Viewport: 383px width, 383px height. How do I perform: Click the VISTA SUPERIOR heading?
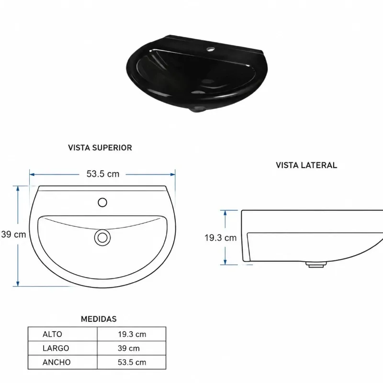pyautogui.click(x=100, y=147)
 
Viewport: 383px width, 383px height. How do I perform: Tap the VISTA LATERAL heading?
pyautogui.click(x=306, y=165)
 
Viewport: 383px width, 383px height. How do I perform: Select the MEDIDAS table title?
pyautogui.click(x=99, y=319)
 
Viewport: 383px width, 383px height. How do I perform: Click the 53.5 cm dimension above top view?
pyautogui.click(x=103, y=174)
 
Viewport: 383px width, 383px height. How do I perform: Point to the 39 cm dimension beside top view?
pyautogui.click(x=14, y=234)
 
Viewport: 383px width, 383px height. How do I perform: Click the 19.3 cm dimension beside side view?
pyautogui.click(x=220, y=237)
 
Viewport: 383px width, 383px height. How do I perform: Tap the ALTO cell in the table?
pyautogui.click(x=52, y=334)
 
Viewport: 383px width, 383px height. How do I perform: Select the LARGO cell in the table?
pyautogui.click(x=56, y=348)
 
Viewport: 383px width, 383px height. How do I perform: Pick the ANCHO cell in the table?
pyautogui.click(x=56, y=362)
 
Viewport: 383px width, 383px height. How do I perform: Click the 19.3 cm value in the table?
pyautogui.click(x=132, y=334)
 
